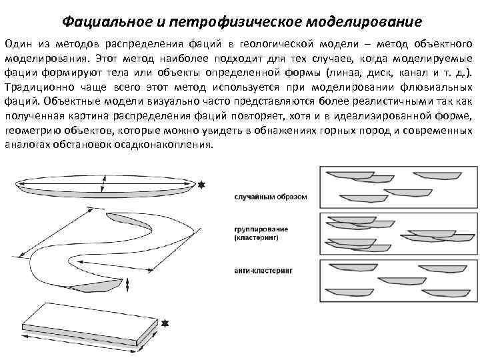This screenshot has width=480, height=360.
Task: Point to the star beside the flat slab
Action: (x=165, y=323)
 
